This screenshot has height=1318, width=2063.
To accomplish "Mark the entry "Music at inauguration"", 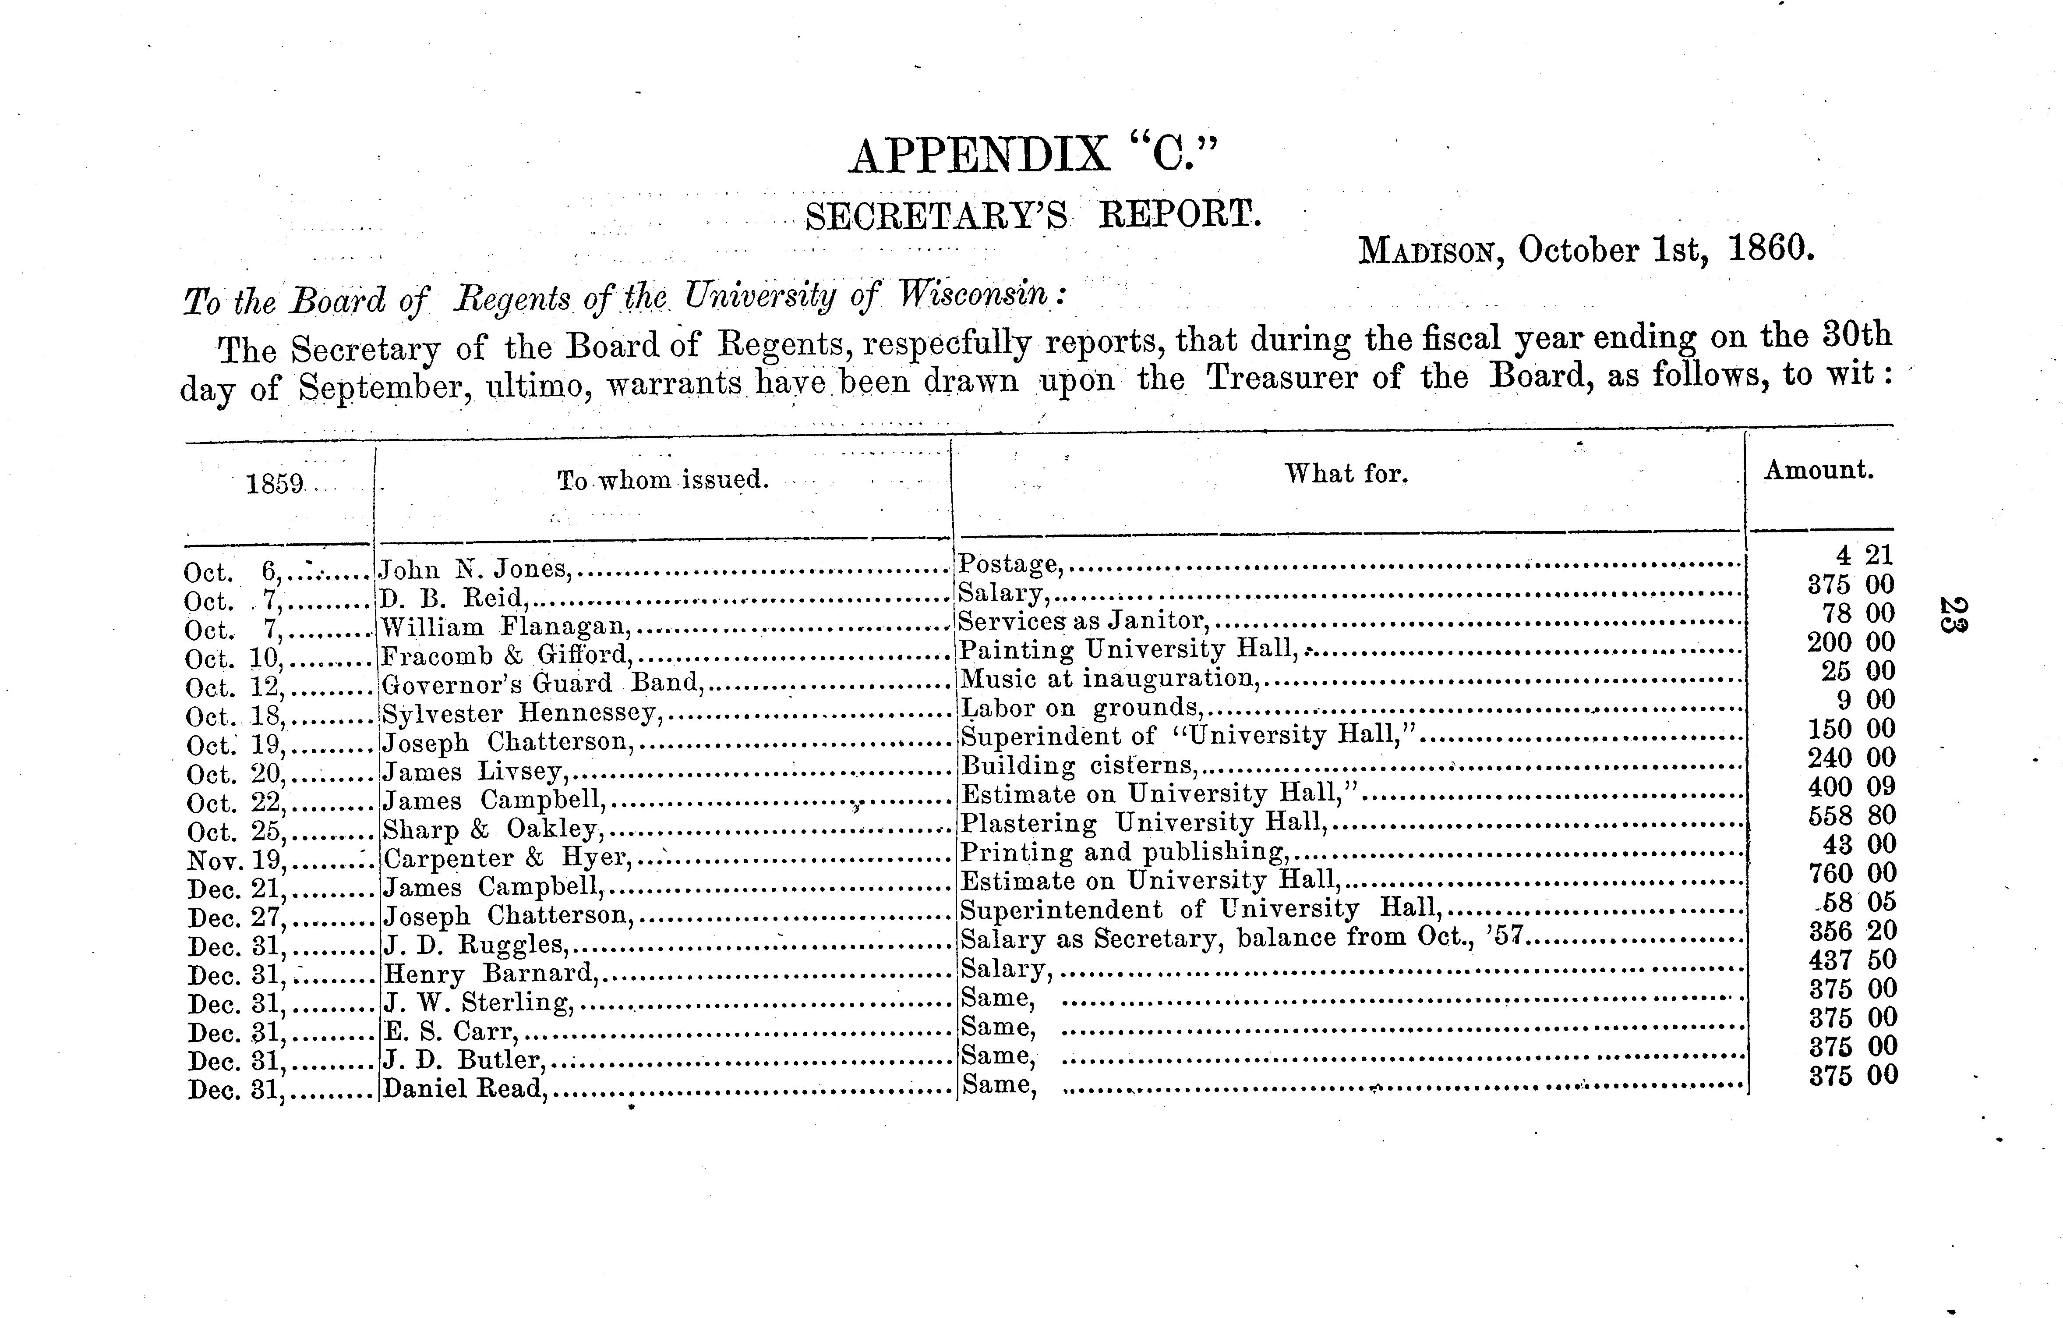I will pyautogui.click(x=1109, y=679).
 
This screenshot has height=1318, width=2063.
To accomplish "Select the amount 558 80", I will pyautogui.click(x=1851, y=815).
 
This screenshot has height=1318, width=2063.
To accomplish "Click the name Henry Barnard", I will pyautogui.click(x=488, y=974).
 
